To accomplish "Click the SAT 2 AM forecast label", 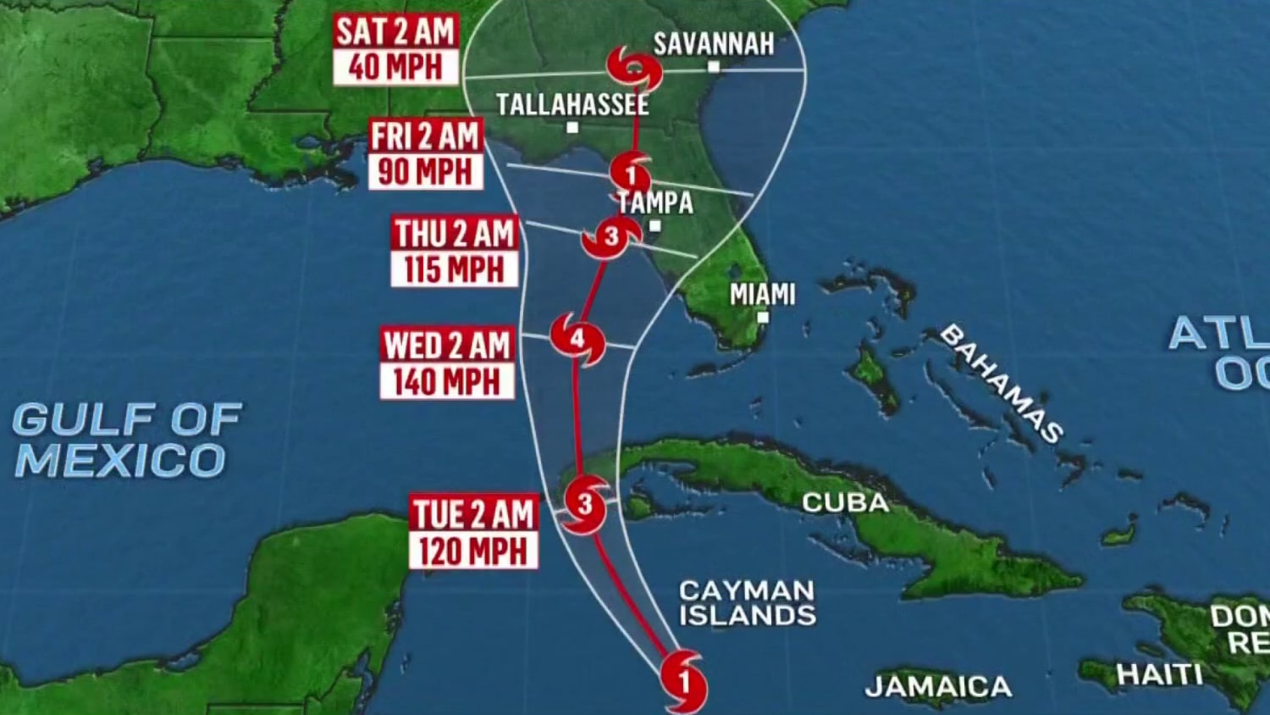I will tap(395, 31).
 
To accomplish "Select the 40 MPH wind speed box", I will tap(395, 67).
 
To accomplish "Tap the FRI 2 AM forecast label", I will tap(425, 136).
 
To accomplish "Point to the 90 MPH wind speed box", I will tap(425, 172).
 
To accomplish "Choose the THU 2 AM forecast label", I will tap(454, 234).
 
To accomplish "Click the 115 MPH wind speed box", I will tap(454, 269).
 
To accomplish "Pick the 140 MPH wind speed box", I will tap(446, 382).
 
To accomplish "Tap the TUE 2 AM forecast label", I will tap(473, 513).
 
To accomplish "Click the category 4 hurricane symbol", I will tap(577, 339).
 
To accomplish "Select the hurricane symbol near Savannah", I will tap(634, 68).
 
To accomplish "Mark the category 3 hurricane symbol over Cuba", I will tap(585, 504).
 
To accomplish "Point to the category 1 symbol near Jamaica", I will tap(684, 679).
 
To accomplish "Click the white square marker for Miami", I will tap(763, 318).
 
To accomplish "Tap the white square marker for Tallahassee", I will tap(572, 128).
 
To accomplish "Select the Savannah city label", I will tap(714, 44).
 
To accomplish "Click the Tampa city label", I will tap(656, 202).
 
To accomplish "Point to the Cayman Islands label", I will tap(747, 602).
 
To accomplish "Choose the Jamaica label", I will tap(938, 685).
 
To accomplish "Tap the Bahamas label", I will tap(1002, 384).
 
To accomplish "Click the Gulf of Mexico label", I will tap(126, 440).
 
